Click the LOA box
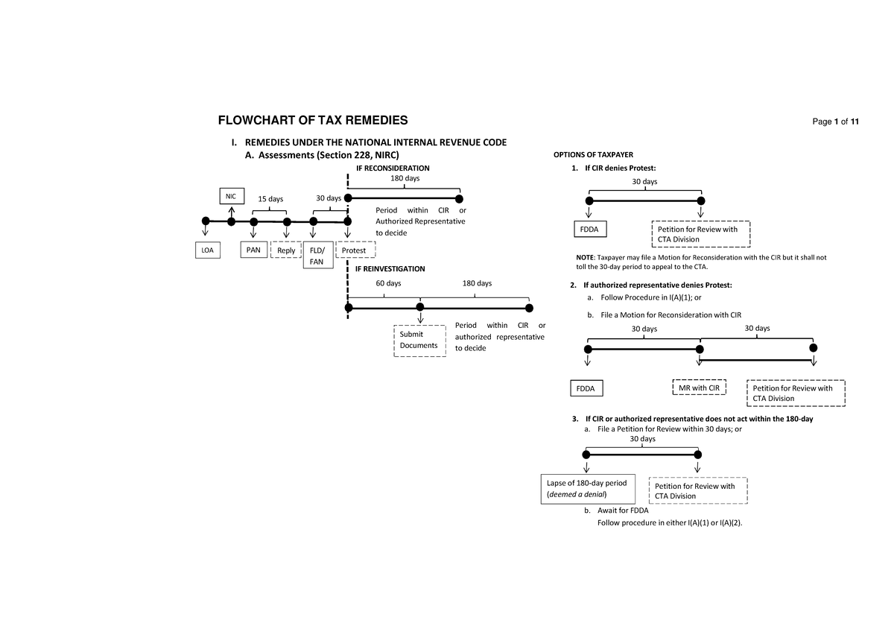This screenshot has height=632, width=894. click(x=206, y=250)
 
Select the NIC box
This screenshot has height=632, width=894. click(x=231, y=196)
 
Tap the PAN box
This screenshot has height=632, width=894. click(x=253, y=250)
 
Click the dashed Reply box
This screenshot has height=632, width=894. click(x=286, y=250)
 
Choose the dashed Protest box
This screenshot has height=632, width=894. click(x=355, y=250)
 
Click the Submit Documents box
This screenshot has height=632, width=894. click(x=420, y=340)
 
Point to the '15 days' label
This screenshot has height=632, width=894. click(x=270, y=199)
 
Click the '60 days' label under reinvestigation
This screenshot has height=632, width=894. click(x=387, y=283)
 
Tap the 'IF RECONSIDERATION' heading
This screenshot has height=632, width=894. click(x=393, y=168)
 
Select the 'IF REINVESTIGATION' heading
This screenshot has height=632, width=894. click(x=390, y=268)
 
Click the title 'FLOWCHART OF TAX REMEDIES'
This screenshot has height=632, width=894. click(x=312, y=121)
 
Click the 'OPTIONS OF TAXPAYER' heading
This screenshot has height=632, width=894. click(x=592, y=154)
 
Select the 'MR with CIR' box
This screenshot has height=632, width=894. click(x=699, y=388)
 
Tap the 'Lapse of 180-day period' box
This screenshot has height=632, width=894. click(x=586, y=488)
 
